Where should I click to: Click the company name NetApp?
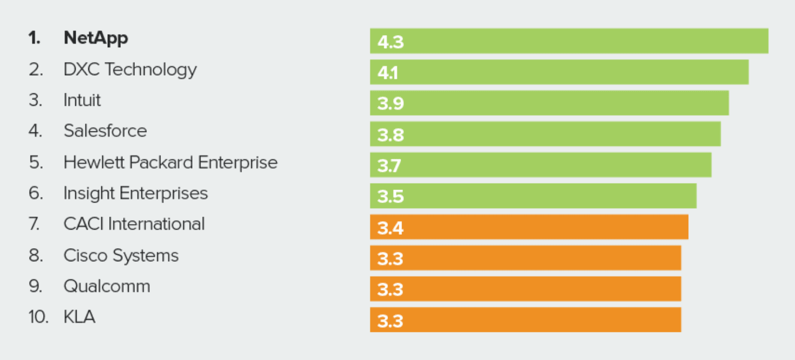pyautogui.click(x=96, y=38)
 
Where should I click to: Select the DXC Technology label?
pyautogui.click(x=130, y=69)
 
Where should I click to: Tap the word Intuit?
pyautogui.click(x=82, y=100)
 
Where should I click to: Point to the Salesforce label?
pyautogui.click(x=105, y=131)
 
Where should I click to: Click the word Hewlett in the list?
pyautogui.click(x=94, y=162)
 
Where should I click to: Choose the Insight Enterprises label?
pyautogui.click(x=135, y=194)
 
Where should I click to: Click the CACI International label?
pyautogui.click(x=134, y=224)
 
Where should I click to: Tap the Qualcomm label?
pyautogui.click(x=107, y=286)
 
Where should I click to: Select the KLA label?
pyautogui.click(x=79, y=317)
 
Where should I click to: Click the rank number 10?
pyautogui.click(x=38, y=317)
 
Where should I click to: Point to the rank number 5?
pyautogui.click(x=35, y=162)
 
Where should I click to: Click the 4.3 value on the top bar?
pyautogui.click(x=390, y=42)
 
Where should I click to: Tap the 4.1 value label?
pyautogui.click(x=388, y=73)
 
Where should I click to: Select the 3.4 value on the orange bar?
pyautogui.click(x=390, y=228)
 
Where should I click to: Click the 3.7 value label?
pyautogui.click(x=389, y=165)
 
